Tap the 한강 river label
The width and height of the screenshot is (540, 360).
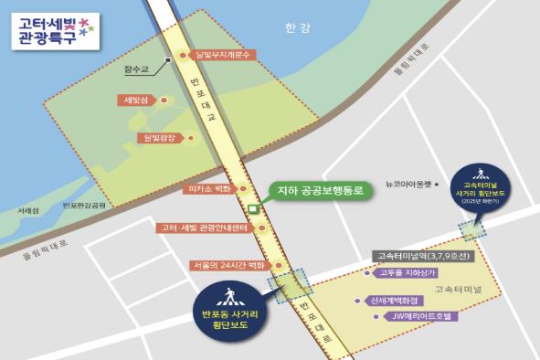[x=297, y=28]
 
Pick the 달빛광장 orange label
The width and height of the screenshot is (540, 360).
[x=158, y=138]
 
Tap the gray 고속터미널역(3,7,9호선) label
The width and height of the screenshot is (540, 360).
[x=420, y=256]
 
